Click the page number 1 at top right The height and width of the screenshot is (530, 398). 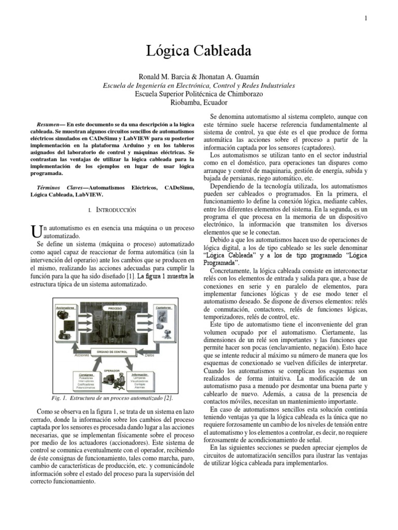pos(366,19)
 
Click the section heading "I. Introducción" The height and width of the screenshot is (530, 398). pos(112,210)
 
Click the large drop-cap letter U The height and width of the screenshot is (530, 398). pos(35,230)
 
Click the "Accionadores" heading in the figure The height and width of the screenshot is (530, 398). pos(66,307)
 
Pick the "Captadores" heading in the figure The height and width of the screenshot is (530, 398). pos(163,307)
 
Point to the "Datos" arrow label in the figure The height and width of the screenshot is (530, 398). pos(150,356)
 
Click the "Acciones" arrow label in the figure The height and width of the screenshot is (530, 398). pos(82,356)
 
